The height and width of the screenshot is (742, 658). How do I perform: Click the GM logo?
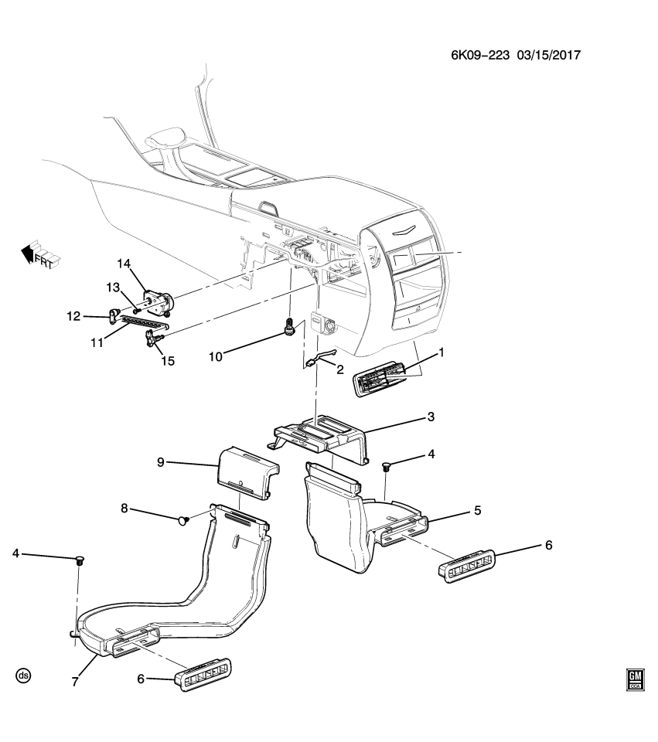click(x=635, y=679)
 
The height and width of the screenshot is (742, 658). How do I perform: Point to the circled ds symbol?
click(x=23, y=676)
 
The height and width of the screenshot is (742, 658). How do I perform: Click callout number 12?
click(x=73, y=316)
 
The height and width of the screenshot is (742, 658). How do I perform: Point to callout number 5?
click(x=477, y=511)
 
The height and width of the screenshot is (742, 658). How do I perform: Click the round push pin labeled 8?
click(x=184, y=521)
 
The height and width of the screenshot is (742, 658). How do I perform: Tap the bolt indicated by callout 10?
click(x=290, y=328)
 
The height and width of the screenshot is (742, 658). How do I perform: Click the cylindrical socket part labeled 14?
click(x=159, y=300)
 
